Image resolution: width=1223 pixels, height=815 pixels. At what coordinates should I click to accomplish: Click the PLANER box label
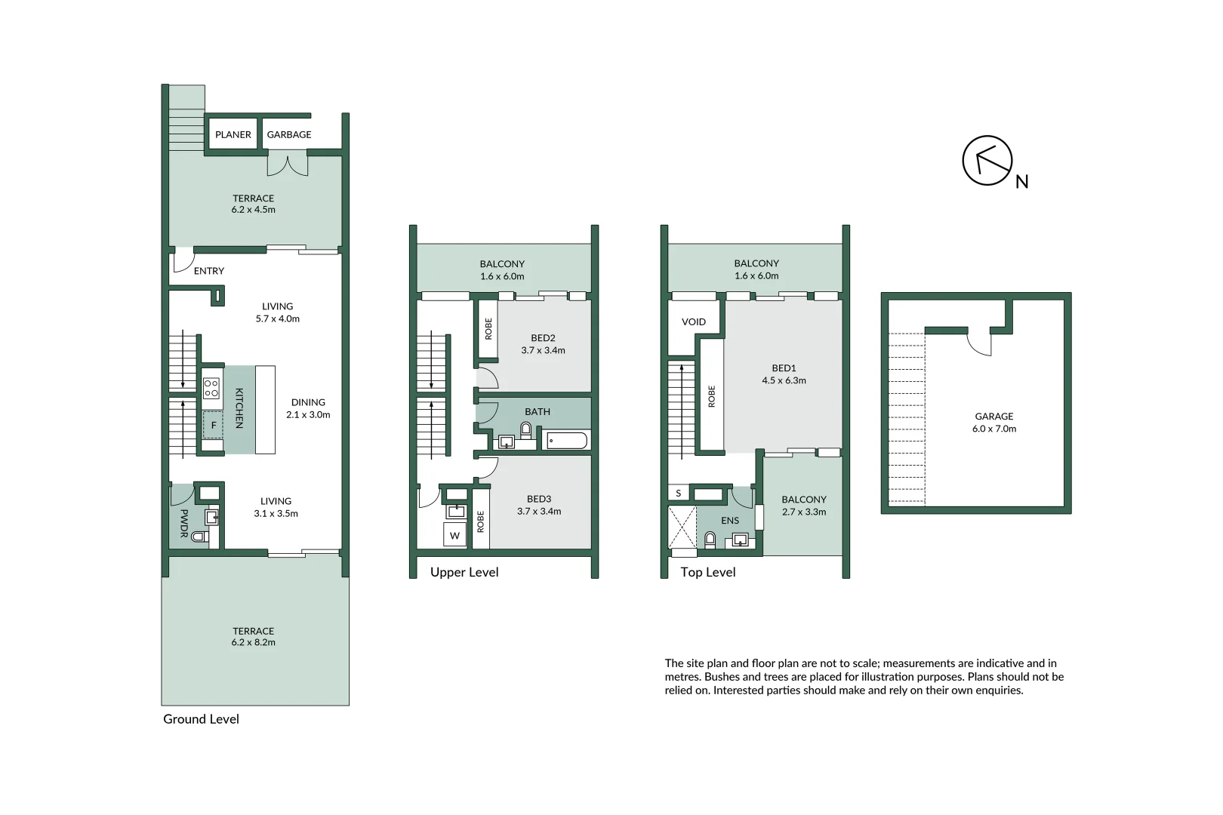[233, 134]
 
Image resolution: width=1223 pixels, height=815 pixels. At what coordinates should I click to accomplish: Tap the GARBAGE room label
[289, 134]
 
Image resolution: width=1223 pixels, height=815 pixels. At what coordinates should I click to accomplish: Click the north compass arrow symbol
[987, 161]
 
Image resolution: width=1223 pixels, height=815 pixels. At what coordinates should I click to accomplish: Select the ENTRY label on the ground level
[209, 271]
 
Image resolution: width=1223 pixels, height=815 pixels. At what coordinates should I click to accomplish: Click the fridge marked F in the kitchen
[213, 426]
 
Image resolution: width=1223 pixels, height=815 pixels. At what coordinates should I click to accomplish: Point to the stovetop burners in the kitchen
[211, 388]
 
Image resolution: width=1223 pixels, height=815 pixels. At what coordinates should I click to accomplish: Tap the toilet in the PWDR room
[199, 537]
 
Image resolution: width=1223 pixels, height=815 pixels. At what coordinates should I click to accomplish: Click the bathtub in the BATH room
[566, 441]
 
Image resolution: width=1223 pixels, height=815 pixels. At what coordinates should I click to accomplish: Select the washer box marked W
[454, 535]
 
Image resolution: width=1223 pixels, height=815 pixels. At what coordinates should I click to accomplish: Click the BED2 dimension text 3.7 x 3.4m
[543, 350]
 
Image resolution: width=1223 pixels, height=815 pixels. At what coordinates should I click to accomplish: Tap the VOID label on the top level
[694, 321]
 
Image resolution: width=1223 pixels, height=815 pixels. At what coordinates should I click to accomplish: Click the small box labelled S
[678, 494]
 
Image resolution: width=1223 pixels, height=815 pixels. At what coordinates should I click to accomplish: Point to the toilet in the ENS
[710, 539]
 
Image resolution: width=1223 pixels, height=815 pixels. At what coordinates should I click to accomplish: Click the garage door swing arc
[980, 345]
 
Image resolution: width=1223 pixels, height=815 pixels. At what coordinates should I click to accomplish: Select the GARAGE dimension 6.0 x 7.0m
[994, 429]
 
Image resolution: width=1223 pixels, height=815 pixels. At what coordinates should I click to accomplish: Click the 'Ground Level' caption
[201, 719]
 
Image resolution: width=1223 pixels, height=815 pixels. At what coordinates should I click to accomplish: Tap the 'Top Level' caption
[708, 572]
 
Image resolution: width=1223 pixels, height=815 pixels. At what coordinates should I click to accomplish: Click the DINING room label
[308, 402]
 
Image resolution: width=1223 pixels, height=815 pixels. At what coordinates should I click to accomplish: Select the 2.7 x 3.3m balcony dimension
[804, 512]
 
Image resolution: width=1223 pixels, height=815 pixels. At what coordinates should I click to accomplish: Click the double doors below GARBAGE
[288, 164]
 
